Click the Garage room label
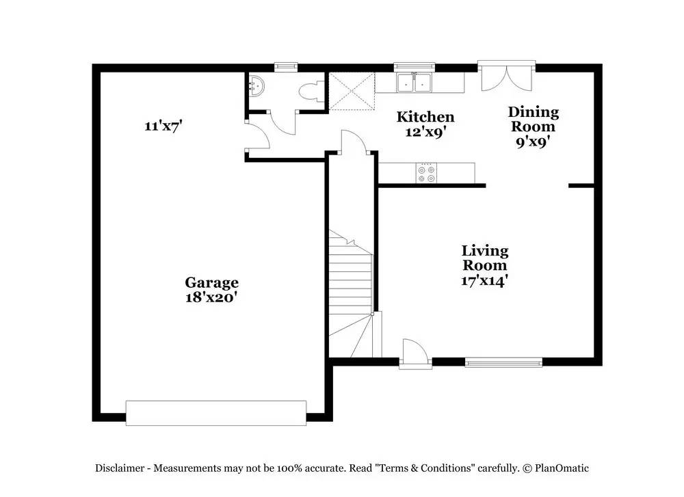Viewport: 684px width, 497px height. [x=211, y=283]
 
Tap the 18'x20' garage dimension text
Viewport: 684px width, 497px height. [x=211, y=298]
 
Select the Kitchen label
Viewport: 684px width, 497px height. [x=425, y=117]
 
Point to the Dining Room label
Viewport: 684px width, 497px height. [x=533, y=120]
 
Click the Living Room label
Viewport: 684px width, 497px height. [x=485, y=258]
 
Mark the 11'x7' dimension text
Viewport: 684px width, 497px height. [x=163, y=126]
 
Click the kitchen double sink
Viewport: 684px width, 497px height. [x=414, y=83]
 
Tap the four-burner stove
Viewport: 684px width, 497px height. [x=425, y=173]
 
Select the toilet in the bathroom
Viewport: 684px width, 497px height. [x=311, y=92]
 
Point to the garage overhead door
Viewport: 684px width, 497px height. [x=216, y=413]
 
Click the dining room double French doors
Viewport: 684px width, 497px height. [x=506, y=76]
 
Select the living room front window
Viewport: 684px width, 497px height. [x=503, y=362]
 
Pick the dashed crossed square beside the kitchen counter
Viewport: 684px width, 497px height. [x=352, y=91]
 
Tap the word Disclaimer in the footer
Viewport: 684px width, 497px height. [x=120, y=468]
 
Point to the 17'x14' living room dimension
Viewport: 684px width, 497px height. [x=485, y=280]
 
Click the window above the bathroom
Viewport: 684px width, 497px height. [x=286, y=66]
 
